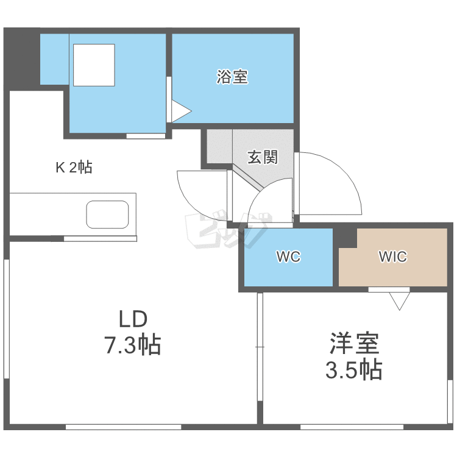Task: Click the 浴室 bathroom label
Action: pos(232,77)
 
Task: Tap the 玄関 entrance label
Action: pos(263,157)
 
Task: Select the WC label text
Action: pos(288,257)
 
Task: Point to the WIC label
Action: pos(392,257)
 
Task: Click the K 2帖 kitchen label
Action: pos(74,168)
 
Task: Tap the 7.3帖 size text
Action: pos(133,345)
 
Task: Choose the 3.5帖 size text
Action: pos(353,370)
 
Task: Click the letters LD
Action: pos(133,319)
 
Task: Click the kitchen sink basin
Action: pos(108,214)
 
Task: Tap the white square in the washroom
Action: pos(94,65)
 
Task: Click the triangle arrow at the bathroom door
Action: pos(181,112)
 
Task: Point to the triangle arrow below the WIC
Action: pos(400,300)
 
